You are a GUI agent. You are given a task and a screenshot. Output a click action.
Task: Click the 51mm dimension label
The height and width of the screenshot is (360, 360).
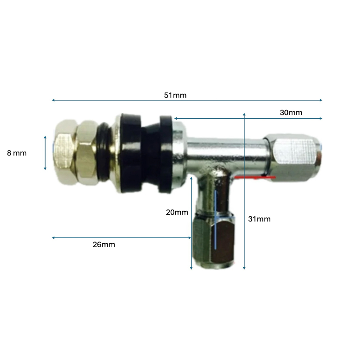click(175, 95)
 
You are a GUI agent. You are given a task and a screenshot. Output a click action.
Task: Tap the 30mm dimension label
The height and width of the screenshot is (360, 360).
click(291, 113)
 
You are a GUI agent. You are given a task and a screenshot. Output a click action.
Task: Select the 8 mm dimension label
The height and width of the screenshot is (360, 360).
click(17, 153)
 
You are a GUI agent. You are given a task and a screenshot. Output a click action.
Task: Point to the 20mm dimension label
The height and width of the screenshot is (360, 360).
click(177, 212)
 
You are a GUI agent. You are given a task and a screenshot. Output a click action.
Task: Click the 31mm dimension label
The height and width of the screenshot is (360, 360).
click(259, 219)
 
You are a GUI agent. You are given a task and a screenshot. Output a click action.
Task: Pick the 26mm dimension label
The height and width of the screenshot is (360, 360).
click(104, 245)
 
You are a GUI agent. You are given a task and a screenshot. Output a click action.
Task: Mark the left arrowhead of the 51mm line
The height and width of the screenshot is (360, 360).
click(53, 100)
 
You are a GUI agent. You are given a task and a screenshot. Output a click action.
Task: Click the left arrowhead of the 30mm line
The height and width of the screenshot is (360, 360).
click(175, 118)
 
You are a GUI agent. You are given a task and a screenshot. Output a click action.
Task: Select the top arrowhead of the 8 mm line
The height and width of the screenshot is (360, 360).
click(45, 137)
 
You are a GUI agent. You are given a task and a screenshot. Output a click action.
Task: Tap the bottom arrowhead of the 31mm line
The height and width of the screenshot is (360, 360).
click(244, 268)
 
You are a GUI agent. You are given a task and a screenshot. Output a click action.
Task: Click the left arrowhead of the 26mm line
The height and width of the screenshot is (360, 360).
click(53, 238)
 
